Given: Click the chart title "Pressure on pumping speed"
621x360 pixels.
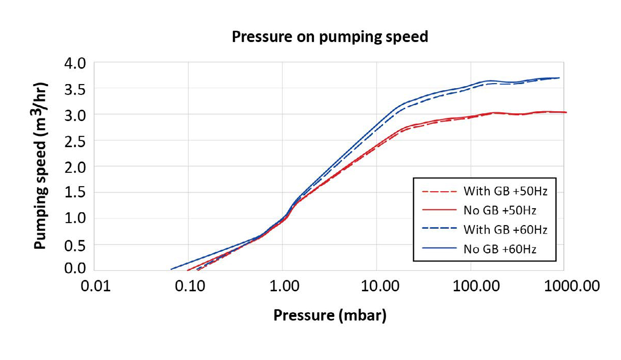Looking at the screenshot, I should point(330,37).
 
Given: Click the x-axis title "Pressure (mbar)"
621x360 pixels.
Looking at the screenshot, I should point(330,315).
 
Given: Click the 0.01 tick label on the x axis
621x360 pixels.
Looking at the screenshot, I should point(95,286).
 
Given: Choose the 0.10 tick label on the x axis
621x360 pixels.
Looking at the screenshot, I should point(189,286).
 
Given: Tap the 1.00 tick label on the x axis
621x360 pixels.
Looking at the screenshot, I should point(283,286).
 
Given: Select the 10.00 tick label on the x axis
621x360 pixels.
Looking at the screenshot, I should point(377,286).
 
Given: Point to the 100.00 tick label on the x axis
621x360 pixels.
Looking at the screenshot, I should point(471,286).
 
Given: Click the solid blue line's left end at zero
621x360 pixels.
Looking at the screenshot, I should point(171,269).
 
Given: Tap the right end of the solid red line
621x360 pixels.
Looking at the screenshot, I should point(566,112).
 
